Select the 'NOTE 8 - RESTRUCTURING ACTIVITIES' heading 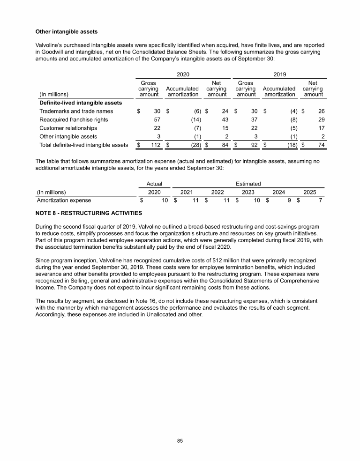pos(89,213)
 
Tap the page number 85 pos(180,440)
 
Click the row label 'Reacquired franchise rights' pos(74,119)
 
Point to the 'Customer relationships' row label pos(68,128)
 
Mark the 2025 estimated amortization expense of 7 pos(319,201)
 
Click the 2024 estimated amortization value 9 pos(289,201)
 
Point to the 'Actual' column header pos(154,184)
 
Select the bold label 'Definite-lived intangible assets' pos(81,103)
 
